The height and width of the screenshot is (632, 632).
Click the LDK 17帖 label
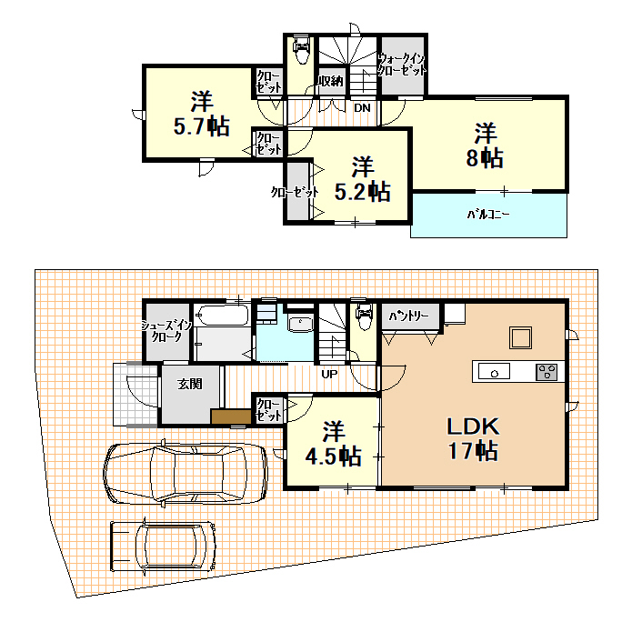[x=473, y=438]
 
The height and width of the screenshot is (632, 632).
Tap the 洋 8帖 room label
[x=485, y=145]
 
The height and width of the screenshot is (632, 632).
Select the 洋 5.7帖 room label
[x=202, y=114]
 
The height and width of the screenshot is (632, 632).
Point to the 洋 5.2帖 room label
[x=362, y=179]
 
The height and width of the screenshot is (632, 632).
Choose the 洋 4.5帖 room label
[x=333, y=444]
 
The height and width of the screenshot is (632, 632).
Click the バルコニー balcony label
[x=488, y=214]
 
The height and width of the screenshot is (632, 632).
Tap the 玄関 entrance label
[x=190, y=384]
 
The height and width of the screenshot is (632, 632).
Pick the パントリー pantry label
[x=408, y=316]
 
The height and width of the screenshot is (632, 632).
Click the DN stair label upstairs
[x=362, y=108]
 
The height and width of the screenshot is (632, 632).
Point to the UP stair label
[x=329, y=374]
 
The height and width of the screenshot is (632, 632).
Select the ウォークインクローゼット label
[x=401, y=65]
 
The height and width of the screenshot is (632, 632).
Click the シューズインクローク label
[x=166, y=331]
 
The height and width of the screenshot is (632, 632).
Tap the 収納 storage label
[x=331, y=81]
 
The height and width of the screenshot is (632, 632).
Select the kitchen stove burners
[x=547, y=372]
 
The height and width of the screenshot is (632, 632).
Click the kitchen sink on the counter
[x=494, y=371]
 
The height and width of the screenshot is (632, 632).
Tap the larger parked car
[x=185, y=473]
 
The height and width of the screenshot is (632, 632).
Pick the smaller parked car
[x=164, y=547]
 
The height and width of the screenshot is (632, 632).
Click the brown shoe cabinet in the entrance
[x=231, y=416]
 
